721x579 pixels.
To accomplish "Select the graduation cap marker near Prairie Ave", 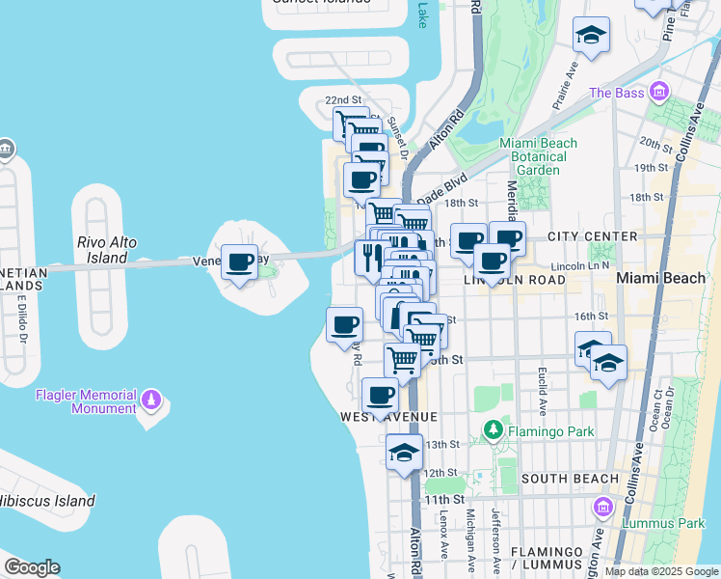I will click(x=591, y=37).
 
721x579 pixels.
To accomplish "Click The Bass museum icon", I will click(x=659, y=93).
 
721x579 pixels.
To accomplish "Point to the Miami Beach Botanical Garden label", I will click(x=538, y=156).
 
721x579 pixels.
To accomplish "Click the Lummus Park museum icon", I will click(x=602, y=507).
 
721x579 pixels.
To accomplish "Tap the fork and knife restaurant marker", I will click(x=369, y=257).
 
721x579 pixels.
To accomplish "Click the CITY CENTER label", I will click(x=592, y=236).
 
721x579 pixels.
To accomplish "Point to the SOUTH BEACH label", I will click(x=570, y=479).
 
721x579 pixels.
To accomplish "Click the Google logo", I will click(x=32, y=567).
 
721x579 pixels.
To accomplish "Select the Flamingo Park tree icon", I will click(x=494, y=428).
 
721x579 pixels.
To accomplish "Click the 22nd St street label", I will click(x=342, y=100).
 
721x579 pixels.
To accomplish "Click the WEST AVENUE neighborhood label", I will click(x=388, y=416).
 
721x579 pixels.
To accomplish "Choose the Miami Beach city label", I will click(x=660, y=278).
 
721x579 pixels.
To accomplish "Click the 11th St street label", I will click(x=444, y=499).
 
